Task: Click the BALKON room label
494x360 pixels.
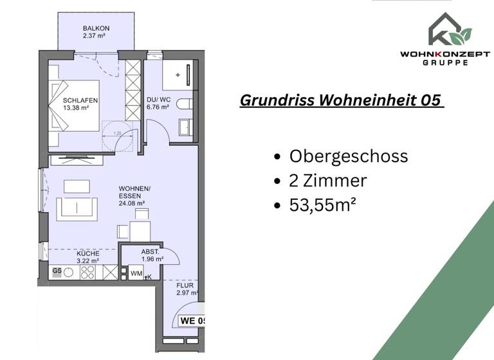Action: tap(96, 29)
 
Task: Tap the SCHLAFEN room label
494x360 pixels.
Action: tap(80, 100)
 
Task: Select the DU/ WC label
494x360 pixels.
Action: tap(158, 100)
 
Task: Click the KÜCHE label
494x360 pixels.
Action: tap(87, 254)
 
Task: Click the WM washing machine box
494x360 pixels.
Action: tap(136, 274)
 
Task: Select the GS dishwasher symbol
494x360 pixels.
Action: tap(57, 271)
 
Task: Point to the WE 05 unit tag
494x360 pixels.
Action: tap(192, 320)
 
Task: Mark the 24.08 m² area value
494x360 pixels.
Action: tap(132, 204)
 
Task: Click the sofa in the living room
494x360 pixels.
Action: tap(78, 208)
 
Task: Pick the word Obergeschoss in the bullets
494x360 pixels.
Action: tap(349, 156)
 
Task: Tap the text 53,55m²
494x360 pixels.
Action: tap(323, 205)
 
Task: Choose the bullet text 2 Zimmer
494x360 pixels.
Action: tap(328, 181)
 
